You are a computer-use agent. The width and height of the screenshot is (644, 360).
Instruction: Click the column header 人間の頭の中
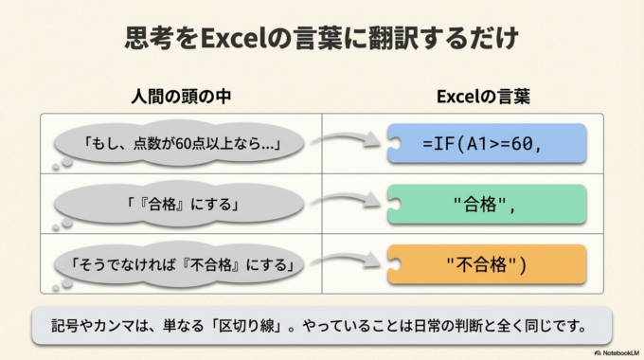[x=180, y=97]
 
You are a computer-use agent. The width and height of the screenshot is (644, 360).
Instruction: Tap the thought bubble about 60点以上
[x=180, y=145]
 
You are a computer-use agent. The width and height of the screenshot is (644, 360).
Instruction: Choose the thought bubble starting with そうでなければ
[x=180, y=262]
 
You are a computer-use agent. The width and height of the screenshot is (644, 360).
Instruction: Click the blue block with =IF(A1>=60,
[x=488, y=144]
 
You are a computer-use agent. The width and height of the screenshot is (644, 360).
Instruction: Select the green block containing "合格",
[x=488, y=204]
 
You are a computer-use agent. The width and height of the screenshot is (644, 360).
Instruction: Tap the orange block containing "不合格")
[x=488, y=262]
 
